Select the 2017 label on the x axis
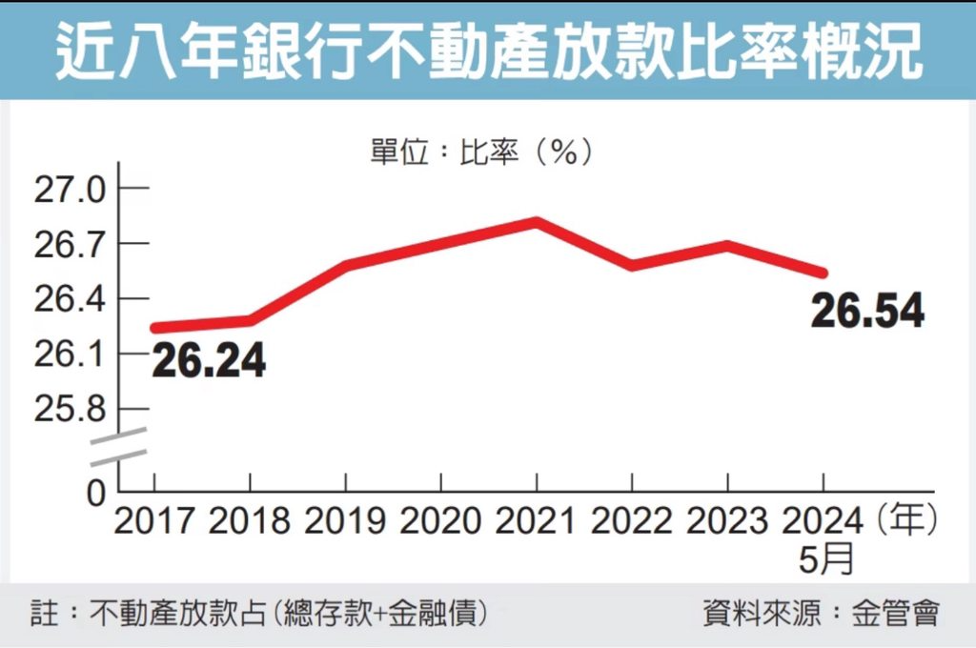click(154, 521)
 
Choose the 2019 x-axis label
click(345, 521)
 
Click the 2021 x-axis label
click(536, 521)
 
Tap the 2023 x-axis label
click(726, 521)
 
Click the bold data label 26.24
click(208, 361)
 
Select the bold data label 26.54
click(867, 311)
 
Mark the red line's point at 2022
click(632, 264)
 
